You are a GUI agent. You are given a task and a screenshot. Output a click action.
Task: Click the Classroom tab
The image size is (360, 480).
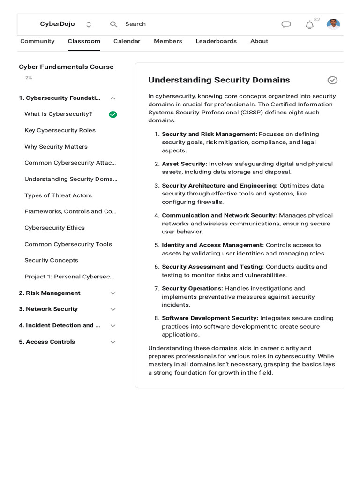[84, 41]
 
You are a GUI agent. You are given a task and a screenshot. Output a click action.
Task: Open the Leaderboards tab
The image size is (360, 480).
[216, 41]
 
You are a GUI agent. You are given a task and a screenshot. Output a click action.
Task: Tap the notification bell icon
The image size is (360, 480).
[309, 25]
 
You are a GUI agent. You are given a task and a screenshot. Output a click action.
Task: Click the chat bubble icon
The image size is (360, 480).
[286, 24]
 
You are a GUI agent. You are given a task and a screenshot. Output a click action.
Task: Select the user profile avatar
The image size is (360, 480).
[333, 24]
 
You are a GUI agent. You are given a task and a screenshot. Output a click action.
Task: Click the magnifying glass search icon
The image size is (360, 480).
[113, 24]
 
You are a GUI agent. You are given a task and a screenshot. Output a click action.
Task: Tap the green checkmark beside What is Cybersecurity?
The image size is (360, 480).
[113, 114]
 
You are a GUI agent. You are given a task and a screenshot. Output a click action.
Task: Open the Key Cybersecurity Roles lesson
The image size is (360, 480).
[60, 130]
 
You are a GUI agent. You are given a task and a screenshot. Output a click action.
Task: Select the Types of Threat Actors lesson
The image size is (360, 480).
[58, 195]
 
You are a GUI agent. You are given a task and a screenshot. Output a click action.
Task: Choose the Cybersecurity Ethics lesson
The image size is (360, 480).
[55, 228]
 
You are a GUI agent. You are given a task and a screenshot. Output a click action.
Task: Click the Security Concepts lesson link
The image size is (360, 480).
[52, 260]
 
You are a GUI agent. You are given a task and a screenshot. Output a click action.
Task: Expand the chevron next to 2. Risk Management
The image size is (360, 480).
[112, 293]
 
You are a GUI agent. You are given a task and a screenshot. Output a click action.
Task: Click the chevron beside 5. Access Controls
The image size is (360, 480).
[112, 342]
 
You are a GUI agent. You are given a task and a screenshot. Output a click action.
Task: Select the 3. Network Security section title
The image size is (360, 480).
[48, 309]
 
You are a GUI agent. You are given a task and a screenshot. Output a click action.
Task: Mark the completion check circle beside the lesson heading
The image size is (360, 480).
[332, 80]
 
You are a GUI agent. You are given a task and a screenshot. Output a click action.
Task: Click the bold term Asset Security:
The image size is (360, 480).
[184, 164]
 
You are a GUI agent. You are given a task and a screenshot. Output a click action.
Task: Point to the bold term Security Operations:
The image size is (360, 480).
[192, 288]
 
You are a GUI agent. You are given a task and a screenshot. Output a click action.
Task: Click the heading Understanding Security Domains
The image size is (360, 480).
[219, 80]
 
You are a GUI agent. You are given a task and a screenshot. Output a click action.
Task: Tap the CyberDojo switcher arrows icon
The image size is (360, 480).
[89, 24]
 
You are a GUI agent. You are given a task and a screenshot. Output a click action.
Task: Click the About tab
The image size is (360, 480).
[259, 41]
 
